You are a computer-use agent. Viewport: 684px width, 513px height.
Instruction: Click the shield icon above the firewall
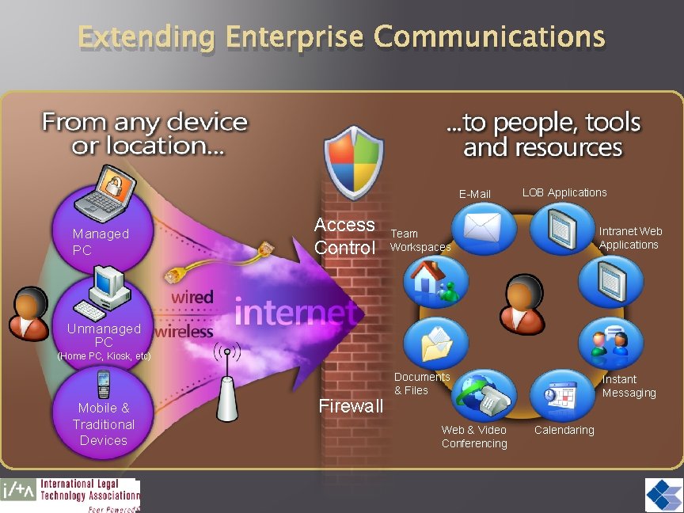pyautogui.click(x=354, y=162)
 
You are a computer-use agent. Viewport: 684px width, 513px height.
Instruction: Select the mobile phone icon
pyautogui.click(x=103, y=385)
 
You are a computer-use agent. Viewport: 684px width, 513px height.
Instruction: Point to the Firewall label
pyautogui.click(x=351, y=406)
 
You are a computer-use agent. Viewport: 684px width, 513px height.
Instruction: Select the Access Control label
pyautogui.click(x=344, y=236)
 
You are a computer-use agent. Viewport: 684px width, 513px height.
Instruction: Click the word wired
pyautogui.click(x=192, y=298)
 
